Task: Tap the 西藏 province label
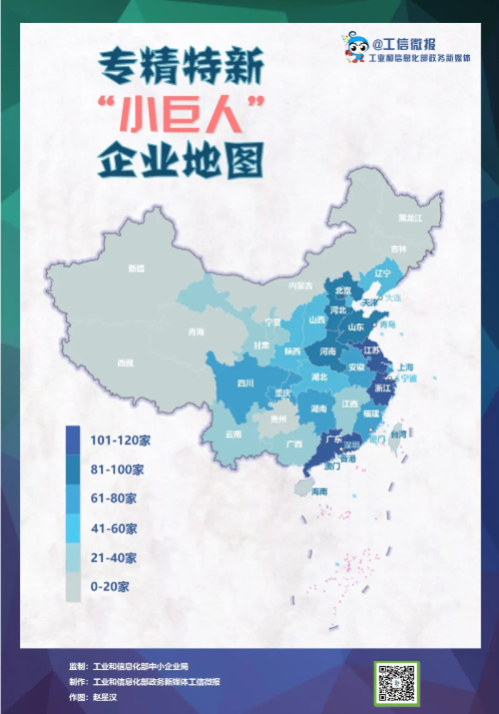click(125, 362)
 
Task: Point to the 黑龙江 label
click(405, 217)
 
